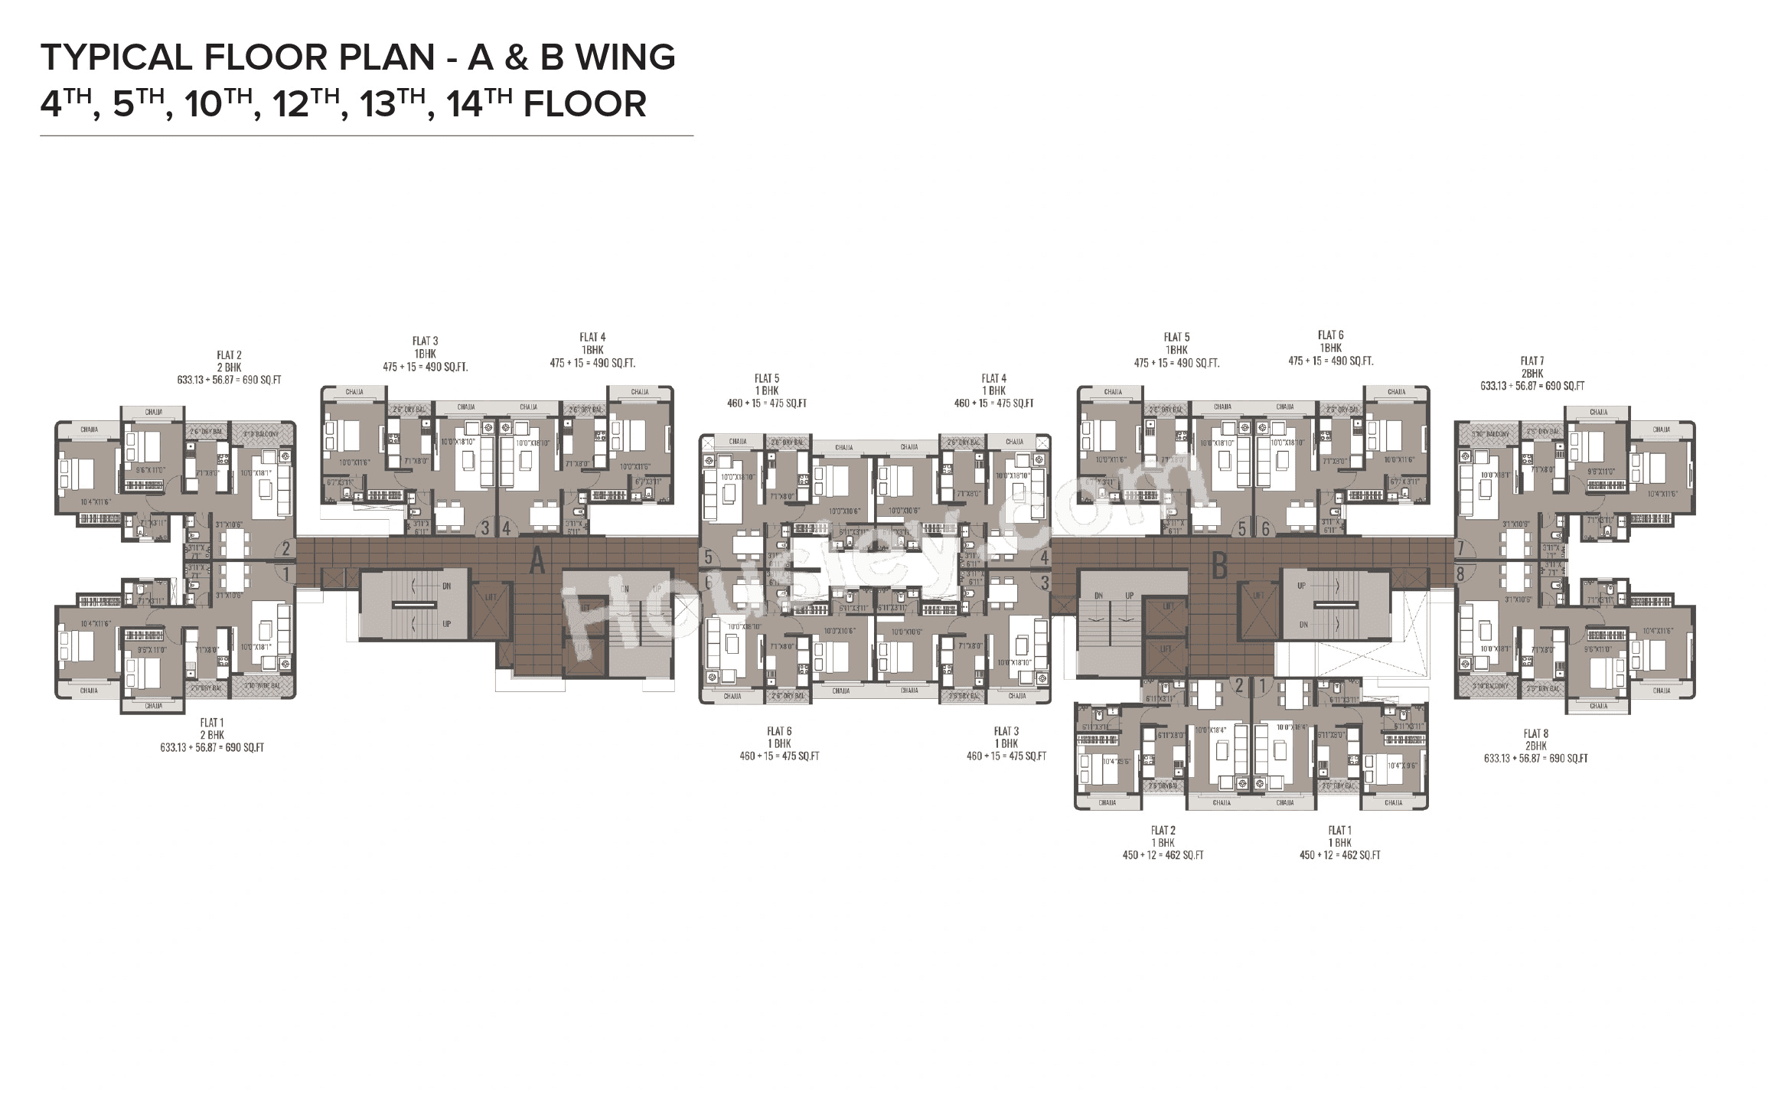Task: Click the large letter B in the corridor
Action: [x=1220, y=566]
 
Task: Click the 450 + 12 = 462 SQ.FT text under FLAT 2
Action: [x=1163, y=855]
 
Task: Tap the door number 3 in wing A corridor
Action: [x=485, y=528]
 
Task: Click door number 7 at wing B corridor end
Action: [x=1460, y=548]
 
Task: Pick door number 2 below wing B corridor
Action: [x=1238, y=687]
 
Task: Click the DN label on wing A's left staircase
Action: [x=446, y=585]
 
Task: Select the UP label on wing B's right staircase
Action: [x=1302, y=585]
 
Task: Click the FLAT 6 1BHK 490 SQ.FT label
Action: [x=1330, y=348]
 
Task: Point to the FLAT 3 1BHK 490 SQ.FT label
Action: [x=425, y=354]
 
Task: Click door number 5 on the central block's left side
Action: [x=708, y=557]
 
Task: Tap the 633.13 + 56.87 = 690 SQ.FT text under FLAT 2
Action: [x=229, y=380]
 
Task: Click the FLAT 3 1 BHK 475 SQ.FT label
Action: [x=1006, y=743]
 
